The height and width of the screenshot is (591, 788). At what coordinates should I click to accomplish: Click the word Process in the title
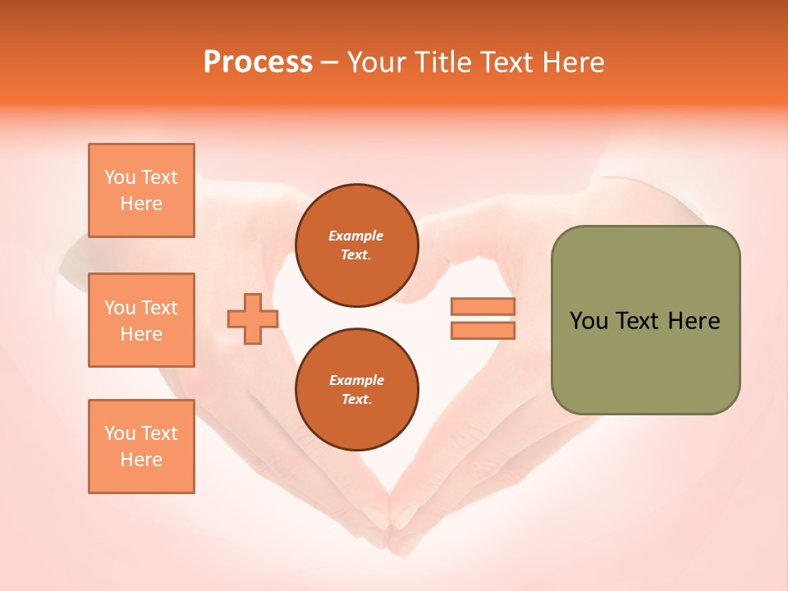pos(258,62)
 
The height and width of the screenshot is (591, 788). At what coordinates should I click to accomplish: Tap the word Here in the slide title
pos(572,62)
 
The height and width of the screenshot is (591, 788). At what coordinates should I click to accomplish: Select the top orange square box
pos(141,190)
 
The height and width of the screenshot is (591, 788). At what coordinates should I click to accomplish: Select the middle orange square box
pos(141,320)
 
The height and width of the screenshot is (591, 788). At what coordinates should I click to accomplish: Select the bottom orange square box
pos(141,447)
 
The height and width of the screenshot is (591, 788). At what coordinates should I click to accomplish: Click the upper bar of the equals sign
pos(483,307)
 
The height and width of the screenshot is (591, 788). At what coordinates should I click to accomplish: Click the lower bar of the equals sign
pos(483,330)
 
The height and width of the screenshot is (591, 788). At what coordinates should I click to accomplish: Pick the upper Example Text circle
pos(356,245)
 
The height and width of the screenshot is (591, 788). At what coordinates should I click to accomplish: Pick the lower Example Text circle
pos(356,390)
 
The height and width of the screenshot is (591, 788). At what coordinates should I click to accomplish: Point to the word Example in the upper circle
pos(356,236)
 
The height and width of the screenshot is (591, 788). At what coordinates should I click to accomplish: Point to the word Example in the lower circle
pos(356,380)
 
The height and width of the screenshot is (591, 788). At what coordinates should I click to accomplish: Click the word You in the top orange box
pos(120,177)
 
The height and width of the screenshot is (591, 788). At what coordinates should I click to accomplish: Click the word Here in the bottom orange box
pos(141,460)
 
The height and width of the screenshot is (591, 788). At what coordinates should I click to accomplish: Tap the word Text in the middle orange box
pos(159,308)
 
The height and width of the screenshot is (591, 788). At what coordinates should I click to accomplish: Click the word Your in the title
pos(377,62)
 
